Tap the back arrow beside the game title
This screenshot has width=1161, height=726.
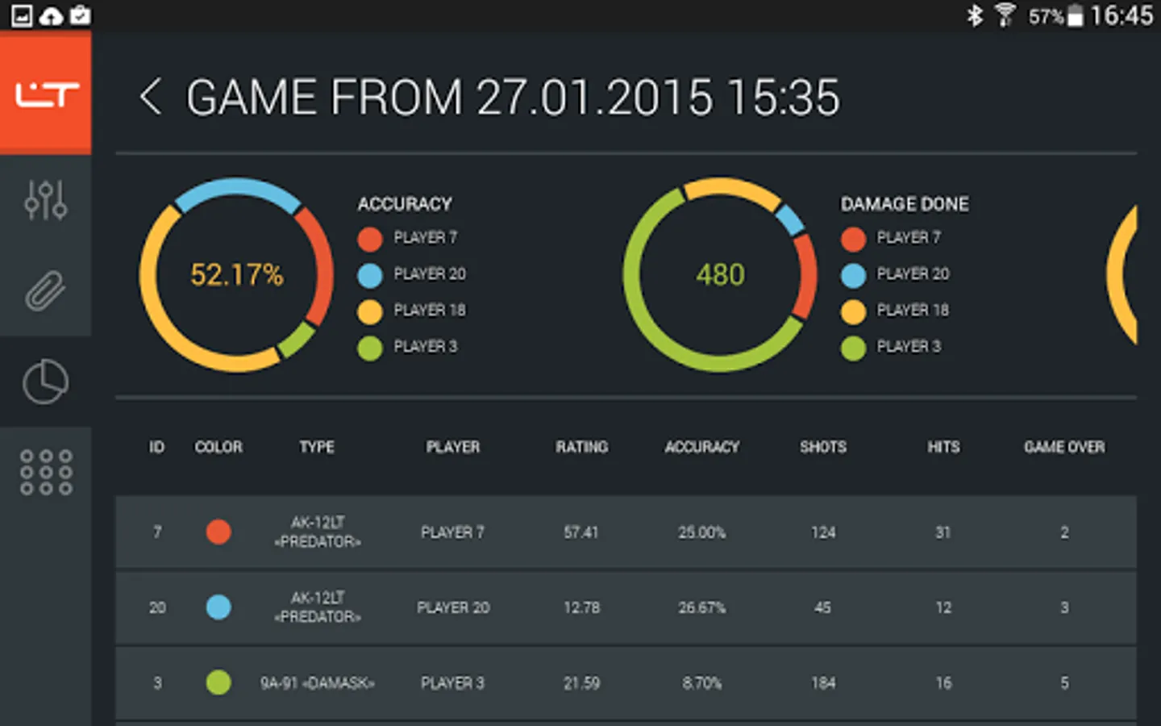tap(151, 98)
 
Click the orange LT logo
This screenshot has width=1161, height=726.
tap(46, 94)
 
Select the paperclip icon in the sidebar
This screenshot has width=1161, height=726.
tap(45, 290)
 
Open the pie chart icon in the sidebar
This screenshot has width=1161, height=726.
tap(45, 382)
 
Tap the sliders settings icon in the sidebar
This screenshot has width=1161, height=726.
tap(45, 200)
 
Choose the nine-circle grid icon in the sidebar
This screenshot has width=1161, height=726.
tap(46, 472)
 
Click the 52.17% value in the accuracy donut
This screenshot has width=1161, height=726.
tap(236, 275)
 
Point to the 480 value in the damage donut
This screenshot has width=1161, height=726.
tap(720, 275)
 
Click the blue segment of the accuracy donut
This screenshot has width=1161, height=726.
tap(236, 188)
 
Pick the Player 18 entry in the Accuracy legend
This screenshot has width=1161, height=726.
tap(429, 311)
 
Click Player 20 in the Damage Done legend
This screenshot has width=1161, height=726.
tap(912, 274)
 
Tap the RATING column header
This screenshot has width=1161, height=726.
tap(581, 447)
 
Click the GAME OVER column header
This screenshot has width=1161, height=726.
tap(1064, 447)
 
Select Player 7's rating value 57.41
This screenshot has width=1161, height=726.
tap(581, 532)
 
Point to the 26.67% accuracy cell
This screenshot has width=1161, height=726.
tap(701, 607)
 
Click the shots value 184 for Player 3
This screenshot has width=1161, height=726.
tap(823, 683)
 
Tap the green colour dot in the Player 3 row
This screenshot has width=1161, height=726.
tap(218, 682)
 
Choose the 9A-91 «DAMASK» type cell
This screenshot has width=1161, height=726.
tap(317, 683)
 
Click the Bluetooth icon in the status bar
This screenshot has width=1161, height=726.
tap(975, 15)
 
